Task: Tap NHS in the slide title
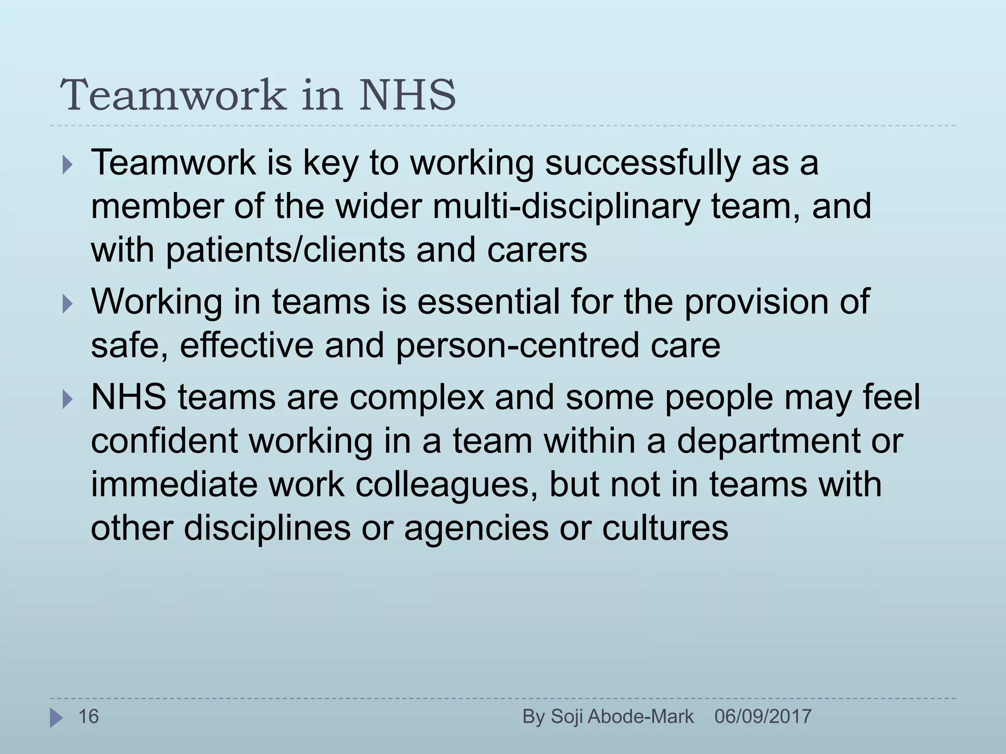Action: click(407, 94)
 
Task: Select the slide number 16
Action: click(89, 717)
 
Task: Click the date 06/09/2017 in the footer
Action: click(763, 717)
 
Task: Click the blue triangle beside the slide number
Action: click(56, 718)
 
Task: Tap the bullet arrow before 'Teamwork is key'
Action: click(67, 165)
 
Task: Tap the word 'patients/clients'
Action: click(285, 250)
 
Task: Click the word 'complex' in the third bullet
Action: click(417, 397)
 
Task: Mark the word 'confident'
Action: click(165, 441)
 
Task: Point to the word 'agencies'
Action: click(476, 528)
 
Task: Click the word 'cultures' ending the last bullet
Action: click(665, 528)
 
